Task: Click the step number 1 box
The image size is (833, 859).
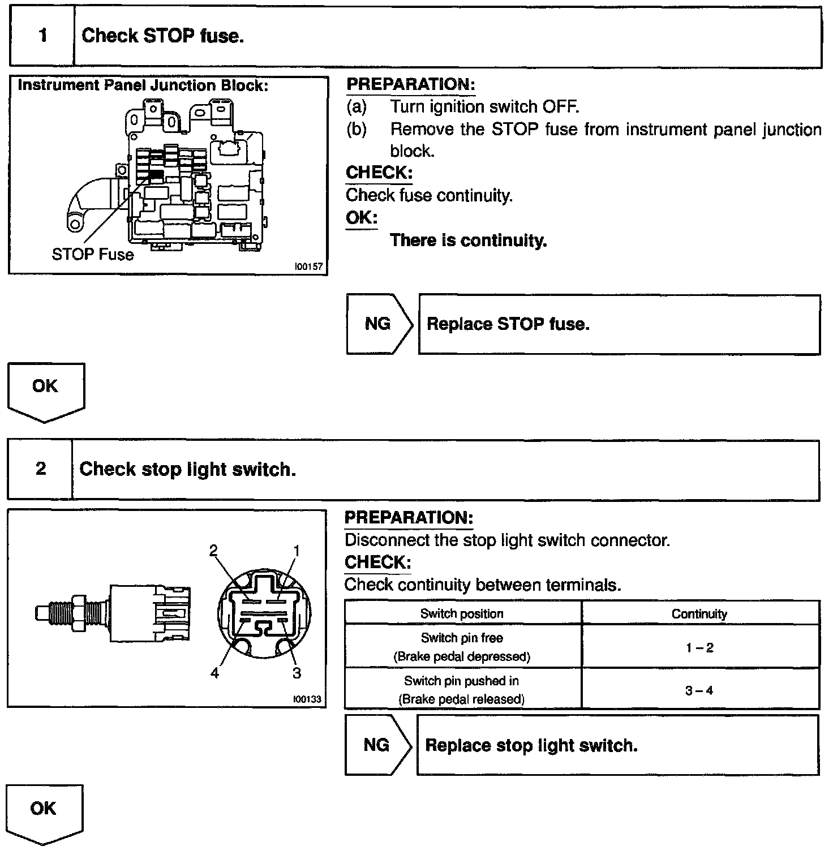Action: click(x=42, y=36)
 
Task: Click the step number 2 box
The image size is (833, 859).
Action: click(x=41, y=469)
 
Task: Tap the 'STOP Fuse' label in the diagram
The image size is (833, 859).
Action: click(x=93, y=255)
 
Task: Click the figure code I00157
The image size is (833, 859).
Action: click(x=308, y=267)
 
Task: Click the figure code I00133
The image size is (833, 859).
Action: click(x=307, y=699)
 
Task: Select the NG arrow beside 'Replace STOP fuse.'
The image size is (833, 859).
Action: click(x=378, y=324)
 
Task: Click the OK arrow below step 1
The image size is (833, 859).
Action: click(x=45, y=390)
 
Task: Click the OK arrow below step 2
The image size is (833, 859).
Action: click(x=44, y=811)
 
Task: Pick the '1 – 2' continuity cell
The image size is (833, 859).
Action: click(x=700, y=647)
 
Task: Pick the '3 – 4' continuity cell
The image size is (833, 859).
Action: click(x=699, y=690)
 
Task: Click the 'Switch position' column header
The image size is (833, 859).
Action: click(x=462, y=613)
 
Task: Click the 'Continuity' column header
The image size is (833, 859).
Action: click(x=699, y=614)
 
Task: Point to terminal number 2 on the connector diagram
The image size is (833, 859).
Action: click(x=213, y=551)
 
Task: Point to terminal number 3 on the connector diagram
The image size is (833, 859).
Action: click(x=297, y=673)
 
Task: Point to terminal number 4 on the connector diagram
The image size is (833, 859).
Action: click(x=214, y=673)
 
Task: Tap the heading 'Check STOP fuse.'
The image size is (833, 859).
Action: click(x=163, y=36)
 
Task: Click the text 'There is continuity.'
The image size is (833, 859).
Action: click(x=469, y=240)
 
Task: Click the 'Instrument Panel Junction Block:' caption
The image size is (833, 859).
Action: click(x=143, y=85)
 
